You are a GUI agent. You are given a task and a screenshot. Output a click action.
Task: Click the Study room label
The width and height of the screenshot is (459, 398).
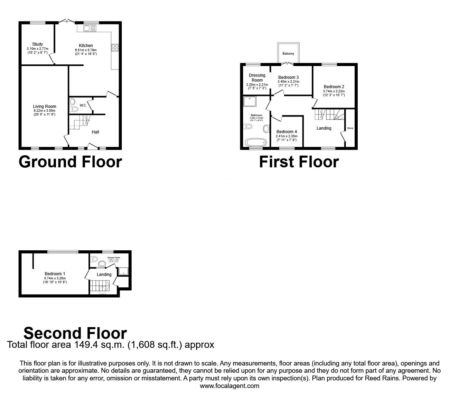[x=37, y=44]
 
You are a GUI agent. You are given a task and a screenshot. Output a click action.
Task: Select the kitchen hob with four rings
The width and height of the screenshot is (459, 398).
[x=115, y=48]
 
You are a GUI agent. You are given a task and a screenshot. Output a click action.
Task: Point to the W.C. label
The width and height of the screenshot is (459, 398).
[x=83, y=105]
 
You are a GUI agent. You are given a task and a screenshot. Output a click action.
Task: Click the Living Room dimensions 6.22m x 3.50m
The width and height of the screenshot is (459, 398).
[x=44, y=110]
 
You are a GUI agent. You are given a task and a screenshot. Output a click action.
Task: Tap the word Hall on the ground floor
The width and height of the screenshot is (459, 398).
[x=95, y=132]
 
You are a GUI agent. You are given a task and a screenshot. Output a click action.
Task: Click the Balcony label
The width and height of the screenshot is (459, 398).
[x=288, y=54]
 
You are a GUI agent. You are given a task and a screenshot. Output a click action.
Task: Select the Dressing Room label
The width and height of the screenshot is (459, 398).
[x=257, y=77]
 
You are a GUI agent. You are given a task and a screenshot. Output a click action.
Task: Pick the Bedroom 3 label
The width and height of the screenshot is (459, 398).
[x=288, y=77]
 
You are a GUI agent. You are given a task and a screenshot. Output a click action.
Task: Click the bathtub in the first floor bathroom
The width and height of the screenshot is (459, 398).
[x=255, y=142]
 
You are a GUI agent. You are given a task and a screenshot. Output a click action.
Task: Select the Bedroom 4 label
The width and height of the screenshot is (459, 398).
[x=287, y=132]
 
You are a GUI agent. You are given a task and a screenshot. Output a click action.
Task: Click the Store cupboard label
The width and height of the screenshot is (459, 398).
[x=350, y=128]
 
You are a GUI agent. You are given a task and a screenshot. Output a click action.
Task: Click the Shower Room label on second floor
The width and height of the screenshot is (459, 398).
[x=113, y=258]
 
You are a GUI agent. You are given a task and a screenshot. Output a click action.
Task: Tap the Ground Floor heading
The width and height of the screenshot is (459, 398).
[x=70, y=162]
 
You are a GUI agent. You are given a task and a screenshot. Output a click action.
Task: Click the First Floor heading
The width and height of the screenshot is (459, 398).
[x=299, y=162]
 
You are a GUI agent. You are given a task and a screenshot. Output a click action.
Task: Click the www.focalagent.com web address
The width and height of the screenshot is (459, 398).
[x=230, y=386]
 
